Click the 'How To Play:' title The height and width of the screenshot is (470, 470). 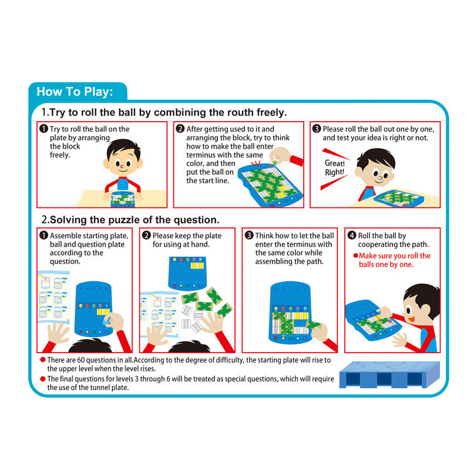[75, 92]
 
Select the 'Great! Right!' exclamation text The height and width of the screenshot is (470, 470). [334, 167]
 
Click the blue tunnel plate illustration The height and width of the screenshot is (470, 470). [390, 375]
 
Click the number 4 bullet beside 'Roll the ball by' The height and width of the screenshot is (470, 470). [352, 236]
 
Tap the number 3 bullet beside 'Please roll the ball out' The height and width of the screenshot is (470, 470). [317, 129]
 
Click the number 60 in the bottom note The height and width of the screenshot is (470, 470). [81, 360]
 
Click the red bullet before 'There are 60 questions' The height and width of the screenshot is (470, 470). [43, 360]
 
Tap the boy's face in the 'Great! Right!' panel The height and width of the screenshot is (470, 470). [377, 170]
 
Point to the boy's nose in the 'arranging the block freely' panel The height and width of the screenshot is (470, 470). [122, 166]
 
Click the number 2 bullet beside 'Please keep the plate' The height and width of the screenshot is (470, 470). [146, 236]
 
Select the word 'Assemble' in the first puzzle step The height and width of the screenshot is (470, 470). [66, 236]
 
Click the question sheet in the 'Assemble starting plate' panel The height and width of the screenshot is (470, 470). [54, 297]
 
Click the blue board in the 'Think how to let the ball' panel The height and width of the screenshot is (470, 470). [290, 313]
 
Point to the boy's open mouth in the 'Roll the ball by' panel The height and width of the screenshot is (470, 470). [411, 318]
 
